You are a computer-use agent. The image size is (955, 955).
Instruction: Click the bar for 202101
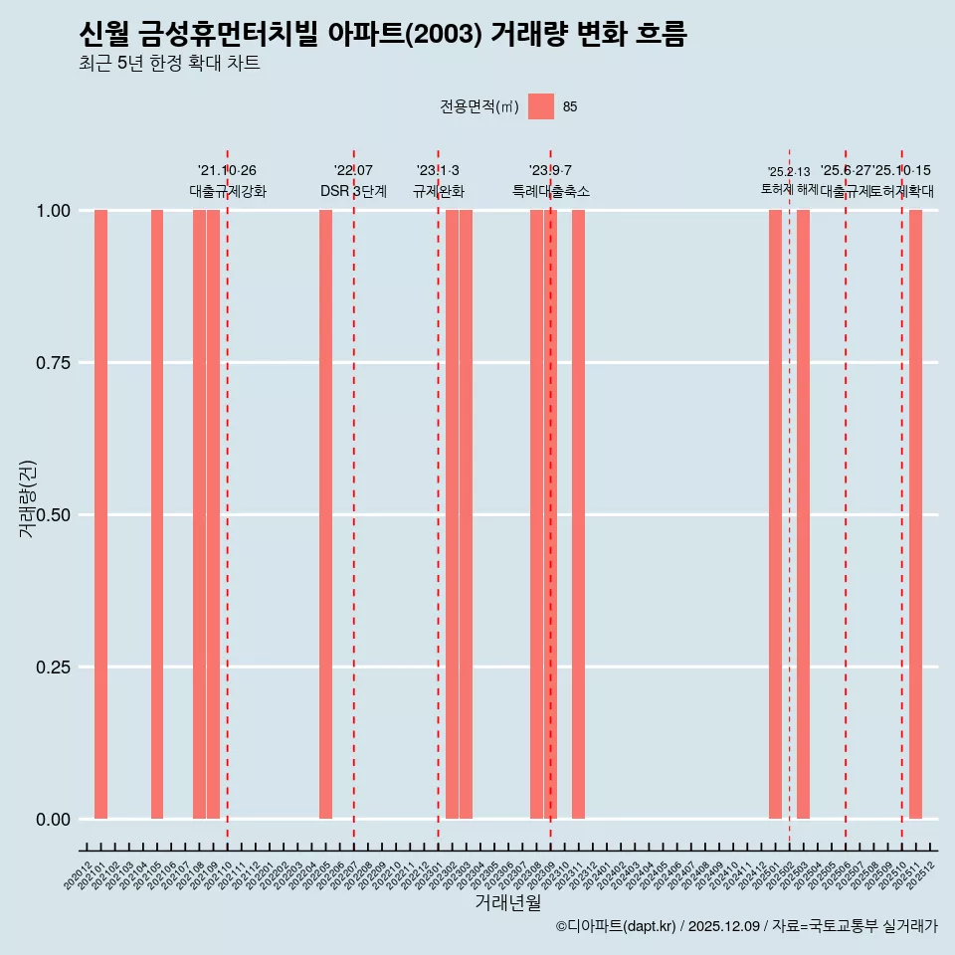click(100, 514)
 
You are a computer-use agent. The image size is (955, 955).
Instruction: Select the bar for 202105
click(157, 514)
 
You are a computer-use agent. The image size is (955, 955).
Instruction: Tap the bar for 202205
click(325, 514)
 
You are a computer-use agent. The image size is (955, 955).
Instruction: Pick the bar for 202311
click(578, 514)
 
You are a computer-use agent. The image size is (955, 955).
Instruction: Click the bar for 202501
click(775, 514)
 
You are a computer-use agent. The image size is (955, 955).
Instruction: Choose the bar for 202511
click(915, 514)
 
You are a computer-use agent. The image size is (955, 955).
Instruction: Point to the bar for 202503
click(803, 514)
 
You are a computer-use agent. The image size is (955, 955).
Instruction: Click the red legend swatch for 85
click(540, 106)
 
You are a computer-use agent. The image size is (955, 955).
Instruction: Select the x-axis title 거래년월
click(507, 902)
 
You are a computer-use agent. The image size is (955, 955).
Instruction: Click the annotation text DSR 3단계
click(353, 191)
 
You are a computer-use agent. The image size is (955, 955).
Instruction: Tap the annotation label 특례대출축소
click(550, 191)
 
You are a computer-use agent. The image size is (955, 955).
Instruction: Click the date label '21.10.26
click(227, 171)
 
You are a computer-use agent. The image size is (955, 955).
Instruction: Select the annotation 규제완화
click(438, 191)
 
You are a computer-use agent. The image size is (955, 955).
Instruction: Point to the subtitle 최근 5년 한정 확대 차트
click(169, 64)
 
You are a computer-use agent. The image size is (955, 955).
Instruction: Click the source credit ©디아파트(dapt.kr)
click(616, 926)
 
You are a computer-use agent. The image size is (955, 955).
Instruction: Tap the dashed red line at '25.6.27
click(846, 497)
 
